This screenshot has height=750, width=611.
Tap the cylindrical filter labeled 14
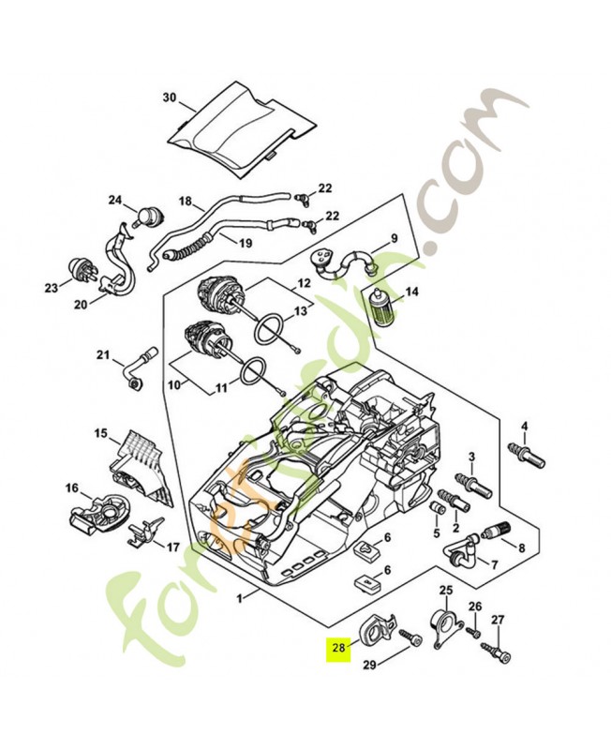[384, 307]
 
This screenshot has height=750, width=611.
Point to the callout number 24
[115, 200]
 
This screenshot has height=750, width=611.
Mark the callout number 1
[240, 597]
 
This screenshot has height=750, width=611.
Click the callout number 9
[394, 238]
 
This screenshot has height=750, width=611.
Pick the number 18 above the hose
[185, 202]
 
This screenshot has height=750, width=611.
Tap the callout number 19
[245, 242]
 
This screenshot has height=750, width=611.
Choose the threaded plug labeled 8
[496, 532]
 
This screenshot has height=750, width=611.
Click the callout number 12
[305, 282]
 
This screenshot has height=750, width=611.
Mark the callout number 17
[172, 546]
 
